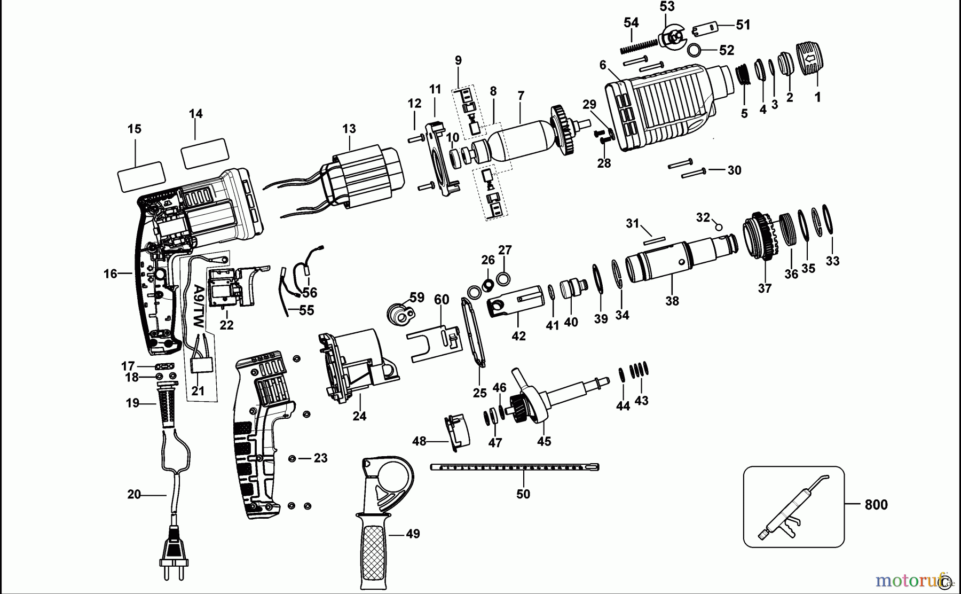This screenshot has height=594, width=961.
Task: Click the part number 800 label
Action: pos(876,505)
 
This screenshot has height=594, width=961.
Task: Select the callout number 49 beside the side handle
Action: pos(412,534)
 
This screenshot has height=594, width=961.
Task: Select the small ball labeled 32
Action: pos(719,227)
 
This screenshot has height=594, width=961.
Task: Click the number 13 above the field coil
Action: pos(349,129)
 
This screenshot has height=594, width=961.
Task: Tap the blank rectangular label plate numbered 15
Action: pos(140,176)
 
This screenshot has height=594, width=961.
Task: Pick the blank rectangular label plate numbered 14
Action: pos(204,153)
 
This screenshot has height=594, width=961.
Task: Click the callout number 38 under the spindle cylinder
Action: pos(672,301)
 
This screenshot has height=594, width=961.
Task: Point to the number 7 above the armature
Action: pos(521,96)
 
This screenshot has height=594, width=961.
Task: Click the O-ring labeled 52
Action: pos(694,50)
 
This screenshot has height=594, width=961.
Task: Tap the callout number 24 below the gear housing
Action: pos(359,416)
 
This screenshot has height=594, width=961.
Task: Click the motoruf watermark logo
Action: pos(908,580)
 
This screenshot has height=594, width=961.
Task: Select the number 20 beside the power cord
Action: pos(134,495)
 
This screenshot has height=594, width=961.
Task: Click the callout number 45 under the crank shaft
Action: pos(544,441)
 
